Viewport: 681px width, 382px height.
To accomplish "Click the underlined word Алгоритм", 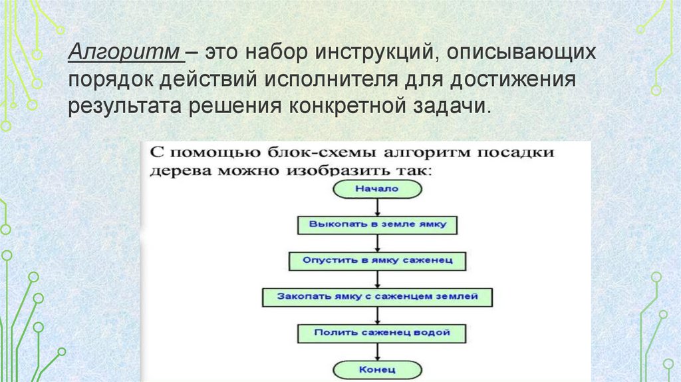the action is (x=123, y=53).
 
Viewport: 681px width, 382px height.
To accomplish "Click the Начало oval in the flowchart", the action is (x=376, y=189).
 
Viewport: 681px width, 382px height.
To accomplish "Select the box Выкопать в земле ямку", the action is (x=376, y=224).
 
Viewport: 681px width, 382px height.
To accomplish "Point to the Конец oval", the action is (x=376, y=368).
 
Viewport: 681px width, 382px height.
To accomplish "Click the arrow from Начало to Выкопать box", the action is (x=377, y=206).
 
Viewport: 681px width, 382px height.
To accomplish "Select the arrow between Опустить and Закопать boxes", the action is (x=377, y=278).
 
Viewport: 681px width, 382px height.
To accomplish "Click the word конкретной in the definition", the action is (x=356, y=107).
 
